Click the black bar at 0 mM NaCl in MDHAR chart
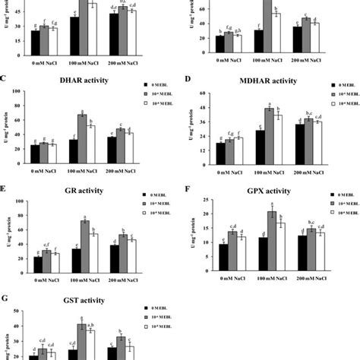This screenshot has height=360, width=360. pos(220,153)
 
